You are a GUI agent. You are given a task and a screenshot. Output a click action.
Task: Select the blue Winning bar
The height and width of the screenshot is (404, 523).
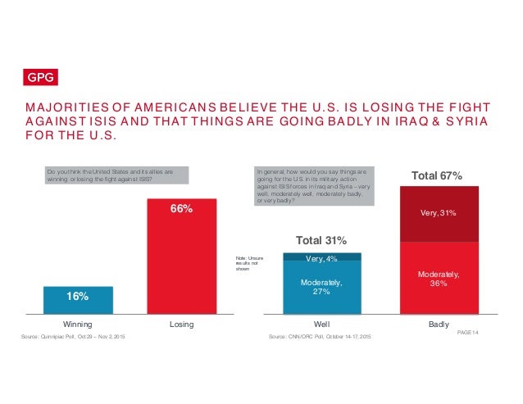pyautogui.click(x=77, y=300)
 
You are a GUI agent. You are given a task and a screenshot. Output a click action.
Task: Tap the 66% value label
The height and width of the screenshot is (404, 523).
pyautogui.click(x=181, y=209)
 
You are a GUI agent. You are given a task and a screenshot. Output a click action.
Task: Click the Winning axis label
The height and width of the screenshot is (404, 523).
pyautogui.click(x=77, y=325)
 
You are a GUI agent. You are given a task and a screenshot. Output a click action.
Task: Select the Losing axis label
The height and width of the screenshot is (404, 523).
pyautogui.click(x=181, y=325)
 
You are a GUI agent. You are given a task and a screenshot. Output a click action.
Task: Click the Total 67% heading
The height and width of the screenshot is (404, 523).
pyautogui.click(x=436, y=175)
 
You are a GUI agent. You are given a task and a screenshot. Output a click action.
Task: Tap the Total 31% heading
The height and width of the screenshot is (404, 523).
pyautogui.click(x=321, y=241)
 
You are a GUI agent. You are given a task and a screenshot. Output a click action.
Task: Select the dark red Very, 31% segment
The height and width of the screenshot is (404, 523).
pyautogui.click(x=436, y=214)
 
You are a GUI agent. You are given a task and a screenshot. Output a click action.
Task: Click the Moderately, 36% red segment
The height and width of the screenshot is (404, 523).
pyautogui.click(x=436, y=279)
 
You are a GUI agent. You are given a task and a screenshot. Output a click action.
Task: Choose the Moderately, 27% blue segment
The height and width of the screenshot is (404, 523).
pyautogui.click(x=321, y=288)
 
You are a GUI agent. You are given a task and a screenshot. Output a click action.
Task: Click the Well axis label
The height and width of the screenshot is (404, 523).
pyautogui.click(x=321, y=325)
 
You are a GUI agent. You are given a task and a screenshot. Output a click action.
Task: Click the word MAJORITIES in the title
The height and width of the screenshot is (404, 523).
pyautogui.click(x=66, y=107)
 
